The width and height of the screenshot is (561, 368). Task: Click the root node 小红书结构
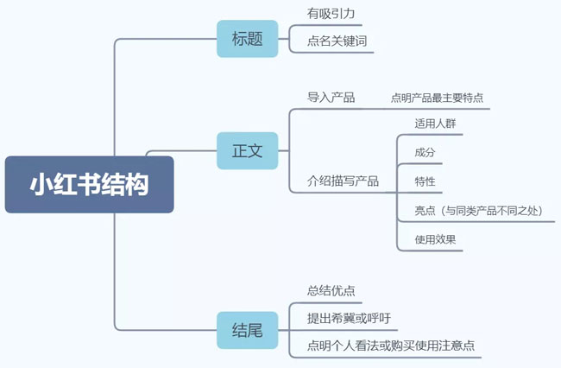89,184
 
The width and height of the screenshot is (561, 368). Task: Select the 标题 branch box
247,38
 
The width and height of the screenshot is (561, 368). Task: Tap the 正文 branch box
247,150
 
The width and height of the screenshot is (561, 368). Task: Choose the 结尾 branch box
247,329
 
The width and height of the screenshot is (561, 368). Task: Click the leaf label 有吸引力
331,14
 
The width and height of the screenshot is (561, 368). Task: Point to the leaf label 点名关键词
337,41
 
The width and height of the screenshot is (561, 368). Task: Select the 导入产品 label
331,97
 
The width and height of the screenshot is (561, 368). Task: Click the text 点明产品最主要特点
436,98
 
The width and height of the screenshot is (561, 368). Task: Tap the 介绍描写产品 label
343,181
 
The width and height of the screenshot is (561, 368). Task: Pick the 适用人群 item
435,124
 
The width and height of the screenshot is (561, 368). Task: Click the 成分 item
425,153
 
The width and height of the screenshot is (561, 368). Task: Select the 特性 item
425,181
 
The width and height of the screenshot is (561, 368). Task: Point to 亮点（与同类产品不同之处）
477,210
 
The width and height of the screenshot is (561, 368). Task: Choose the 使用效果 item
435,239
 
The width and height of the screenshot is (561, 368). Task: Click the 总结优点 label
331,290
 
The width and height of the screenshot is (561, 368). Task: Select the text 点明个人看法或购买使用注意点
390,346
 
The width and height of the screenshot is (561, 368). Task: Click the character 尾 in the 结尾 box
256,329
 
